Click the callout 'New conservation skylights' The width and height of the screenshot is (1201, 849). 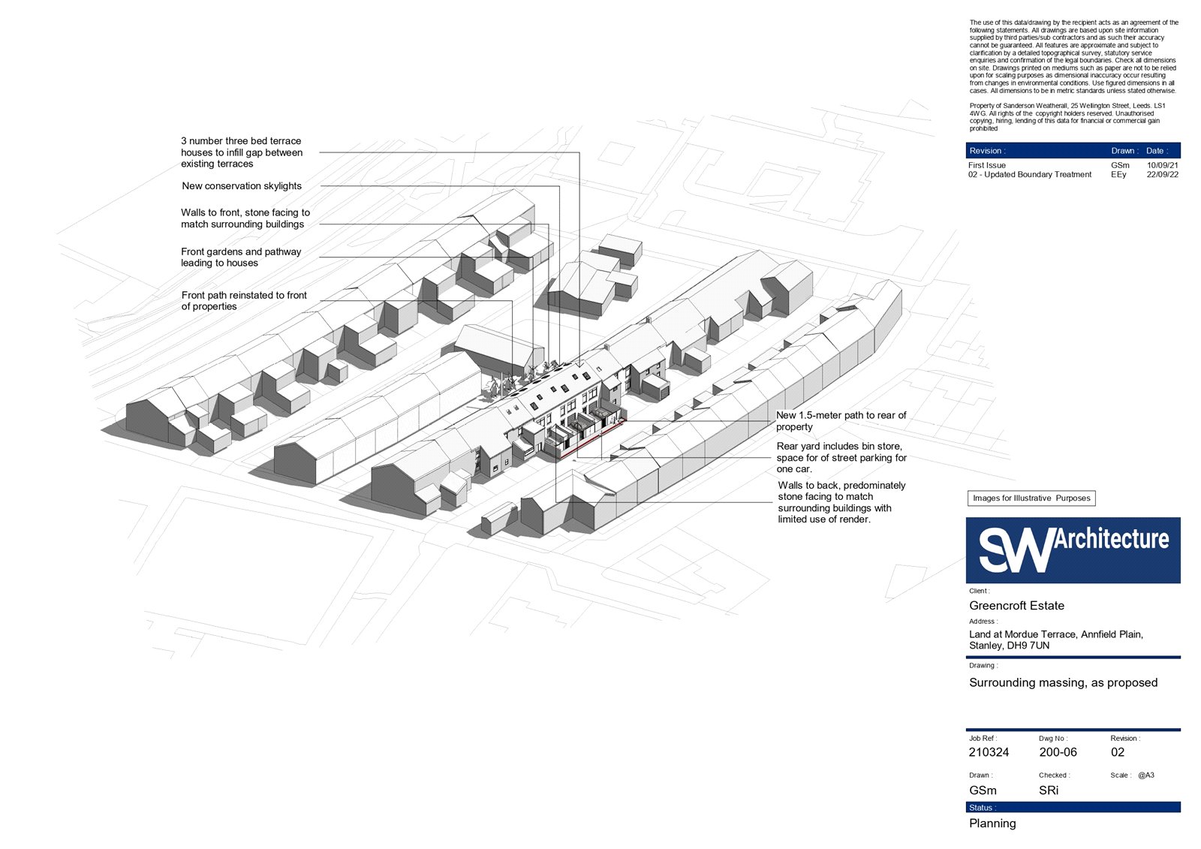coord(241,186)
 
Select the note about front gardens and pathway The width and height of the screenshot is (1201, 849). coord(241,257)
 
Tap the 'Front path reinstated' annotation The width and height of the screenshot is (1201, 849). coord(244,301)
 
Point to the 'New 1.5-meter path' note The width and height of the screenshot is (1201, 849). coord(841,421)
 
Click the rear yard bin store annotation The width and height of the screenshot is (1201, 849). coord(841,457)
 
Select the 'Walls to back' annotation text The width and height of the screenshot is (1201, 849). coord(841,502)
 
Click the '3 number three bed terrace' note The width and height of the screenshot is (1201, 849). coord(241,152)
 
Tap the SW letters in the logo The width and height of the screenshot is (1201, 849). coord(1016,551)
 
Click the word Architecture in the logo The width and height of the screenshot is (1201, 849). coord(1111,539)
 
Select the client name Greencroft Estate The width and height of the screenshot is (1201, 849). coord(1016,606)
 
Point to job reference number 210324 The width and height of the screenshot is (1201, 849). coord(989,752)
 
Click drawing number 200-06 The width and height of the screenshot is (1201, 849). coord(1058,752)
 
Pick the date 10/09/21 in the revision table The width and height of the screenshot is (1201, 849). coord(1163,165)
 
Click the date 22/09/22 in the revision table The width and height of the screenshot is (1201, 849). coord(1163,174)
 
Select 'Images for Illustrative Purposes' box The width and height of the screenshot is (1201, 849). coord(1031,498)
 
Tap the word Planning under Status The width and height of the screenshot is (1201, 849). coord(992,823)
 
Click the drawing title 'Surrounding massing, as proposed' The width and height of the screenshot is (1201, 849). coord(1063,683)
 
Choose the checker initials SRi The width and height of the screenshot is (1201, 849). coord(1049,790)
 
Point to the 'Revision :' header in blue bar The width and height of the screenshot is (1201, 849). coord(987,151)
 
